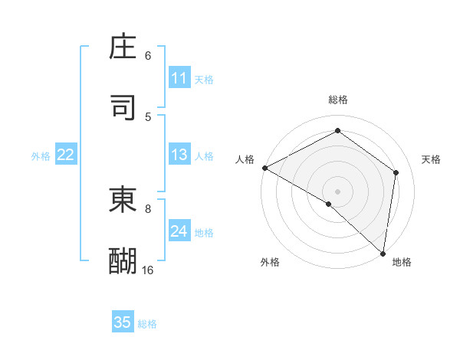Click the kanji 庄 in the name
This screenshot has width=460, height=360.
point(123,47)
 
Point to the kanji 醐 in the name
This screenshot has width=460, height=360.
point(123,260)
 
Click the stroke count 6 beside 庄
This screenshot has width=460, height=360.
point(148,56)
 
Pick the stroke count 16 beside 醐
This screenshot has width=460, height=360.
point(148,270)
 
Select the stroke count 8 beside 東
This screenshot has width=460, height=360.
point(148,208)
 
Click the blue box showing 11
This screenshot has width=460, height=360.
point(179,78)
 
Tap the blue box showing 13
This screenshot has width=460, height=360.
point(179,155)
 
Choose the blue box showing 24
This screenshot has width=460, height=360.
point(179,231)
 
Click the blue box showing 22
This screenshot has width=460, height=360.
point(66,155)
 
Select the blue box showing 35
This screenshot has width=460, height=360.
point(123,322)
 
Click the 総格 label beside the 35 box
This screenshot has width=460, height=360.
point(147,324)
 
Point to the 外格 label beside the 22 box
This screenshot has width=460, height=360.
point(41,156)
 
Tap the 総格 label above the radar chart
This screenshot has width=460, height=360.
point(338,100)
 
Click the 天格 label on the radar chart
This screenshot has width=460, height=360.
point(431,159)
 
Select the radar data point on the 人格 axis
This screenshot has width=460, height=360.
point(264,168)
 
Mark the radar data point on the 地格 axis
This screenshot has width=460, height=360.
point(383,254)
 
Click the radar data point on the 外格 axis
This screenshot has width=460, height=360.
point(329,204)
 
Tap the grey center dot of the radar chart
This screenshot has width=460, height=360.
point(338,191)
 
